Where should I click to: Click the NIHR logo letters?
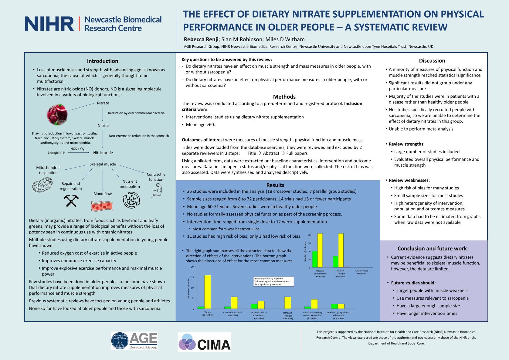tap(49, 24)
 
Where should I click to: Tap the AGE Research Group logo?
tap(134, 341)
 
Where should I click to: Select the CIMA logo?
tap(204, 342)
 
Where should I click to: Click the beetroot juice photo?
tap(57, 114)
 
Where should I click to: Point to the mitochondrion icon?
tap(42, 185)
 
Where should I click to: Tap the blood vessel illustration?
tap(102, 206)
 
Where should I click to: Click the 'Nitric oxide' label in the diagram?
tap(103, 153)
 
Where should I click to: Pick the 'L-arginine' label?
tap(56, 152)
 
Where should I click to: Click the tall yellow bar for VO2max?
tap(208, 292)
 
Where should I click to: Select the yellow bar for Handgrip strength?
tap(287, 303)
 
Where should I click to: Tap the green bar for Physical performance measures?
tap(315, 259)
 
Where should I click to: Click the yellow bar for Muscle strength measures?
tap(341, 250)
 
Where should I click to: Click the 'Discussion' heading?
tap(432, 61)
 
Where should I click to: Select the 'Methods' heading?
tap(284, 97)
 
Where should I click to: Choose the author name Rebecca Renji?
tap(201, 39)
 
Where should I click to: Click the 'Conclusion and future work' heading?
tap(432, 249)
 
